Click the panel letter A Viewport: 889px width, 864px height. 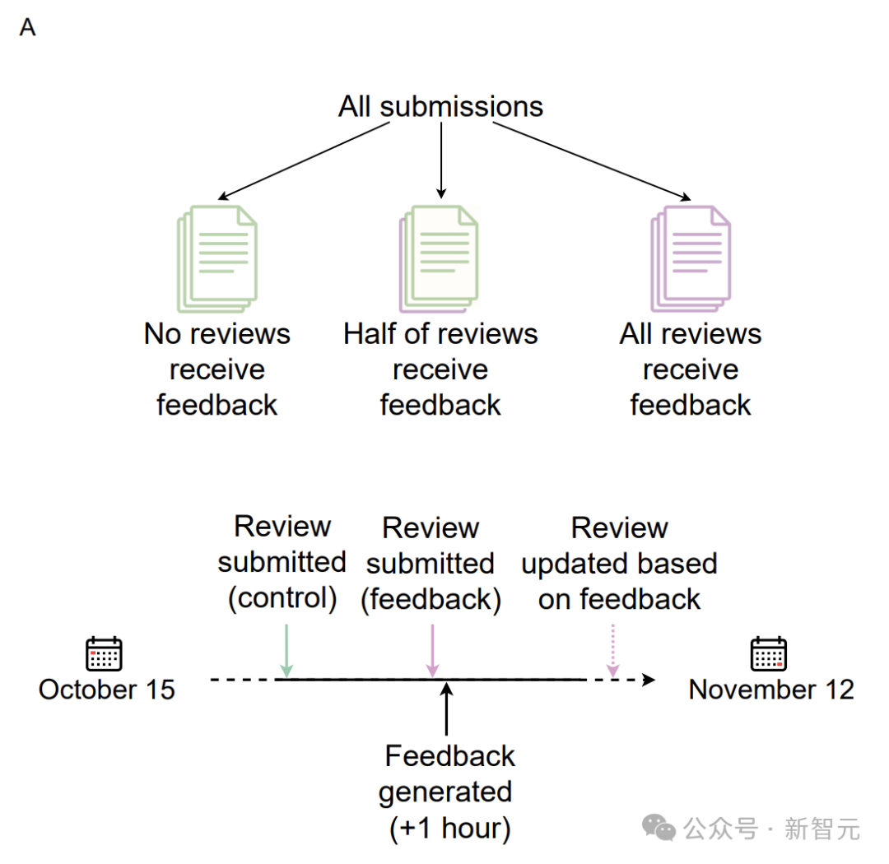coord(27,27)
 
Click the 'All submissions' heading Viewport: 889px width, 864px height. coord(440,107)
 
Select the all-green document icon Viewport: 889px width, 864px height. coord(217,258)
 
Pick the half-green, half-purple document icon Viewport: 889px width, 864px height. coord(439,258)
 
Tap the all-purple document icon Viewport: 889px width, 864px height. coord(691,258)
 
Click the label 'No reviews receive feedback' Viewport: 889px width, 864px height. coord(217,369)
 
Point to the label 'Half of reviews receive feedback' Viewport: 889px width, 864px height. coord(440,369)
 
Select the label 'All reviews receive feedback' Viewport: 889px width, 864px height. coord(691,369)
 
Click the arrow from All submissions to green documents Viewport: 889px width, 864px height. coord(303,161)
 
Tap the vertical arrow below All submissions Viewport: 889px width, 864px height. coord(441,160)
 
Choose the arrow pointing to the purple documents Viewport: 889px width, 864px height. coord(592,161)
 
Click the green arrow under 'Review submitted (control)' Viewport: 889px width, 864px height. coord(286,651)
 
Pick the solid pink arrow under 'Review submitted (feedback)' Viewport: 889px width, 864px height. coord(433,651)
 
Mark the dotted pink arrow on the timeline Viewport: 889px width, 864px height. coord(613,651)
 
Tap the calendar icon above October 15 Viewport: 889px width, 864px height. coord(104,653)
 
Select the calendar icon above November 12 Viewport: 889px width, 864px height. coord(769,653)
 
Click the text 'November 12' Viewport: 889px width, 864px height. coord(771,690)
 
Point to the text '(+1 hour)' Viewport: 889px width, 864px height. coord(450,829)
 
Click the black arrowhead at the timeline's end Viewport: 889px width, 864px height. coord(649,679)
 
